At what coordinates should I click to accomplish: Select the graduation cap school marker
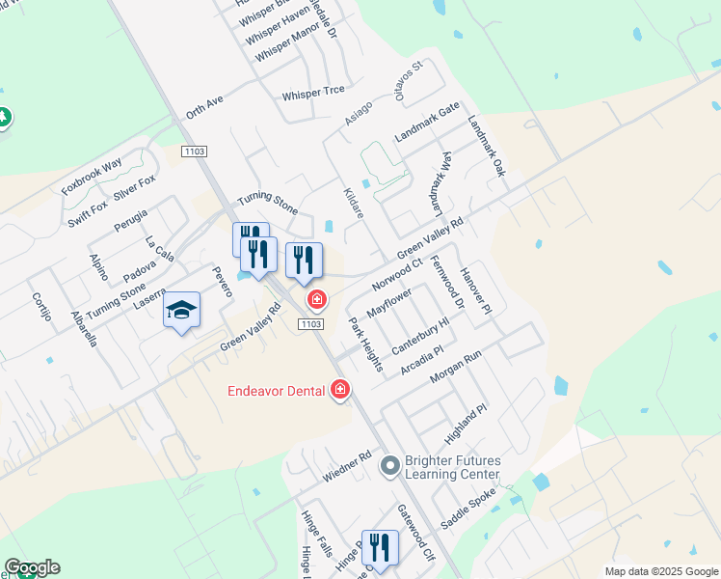tap(181, 311)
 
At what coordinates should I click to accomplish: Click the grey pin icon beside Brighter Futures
tap(389, 467)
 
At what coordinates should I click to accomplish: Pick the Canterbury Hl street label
tap(420, 334)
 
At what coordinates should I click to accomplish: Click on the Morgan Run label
tap(455, 367)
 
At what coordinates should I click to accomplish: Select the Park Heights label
tap(365, 345)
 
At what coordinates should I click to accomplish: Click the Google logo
tap(32, 567)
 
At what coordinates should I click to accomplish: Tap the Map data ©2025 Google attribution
tap(660, 571)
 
